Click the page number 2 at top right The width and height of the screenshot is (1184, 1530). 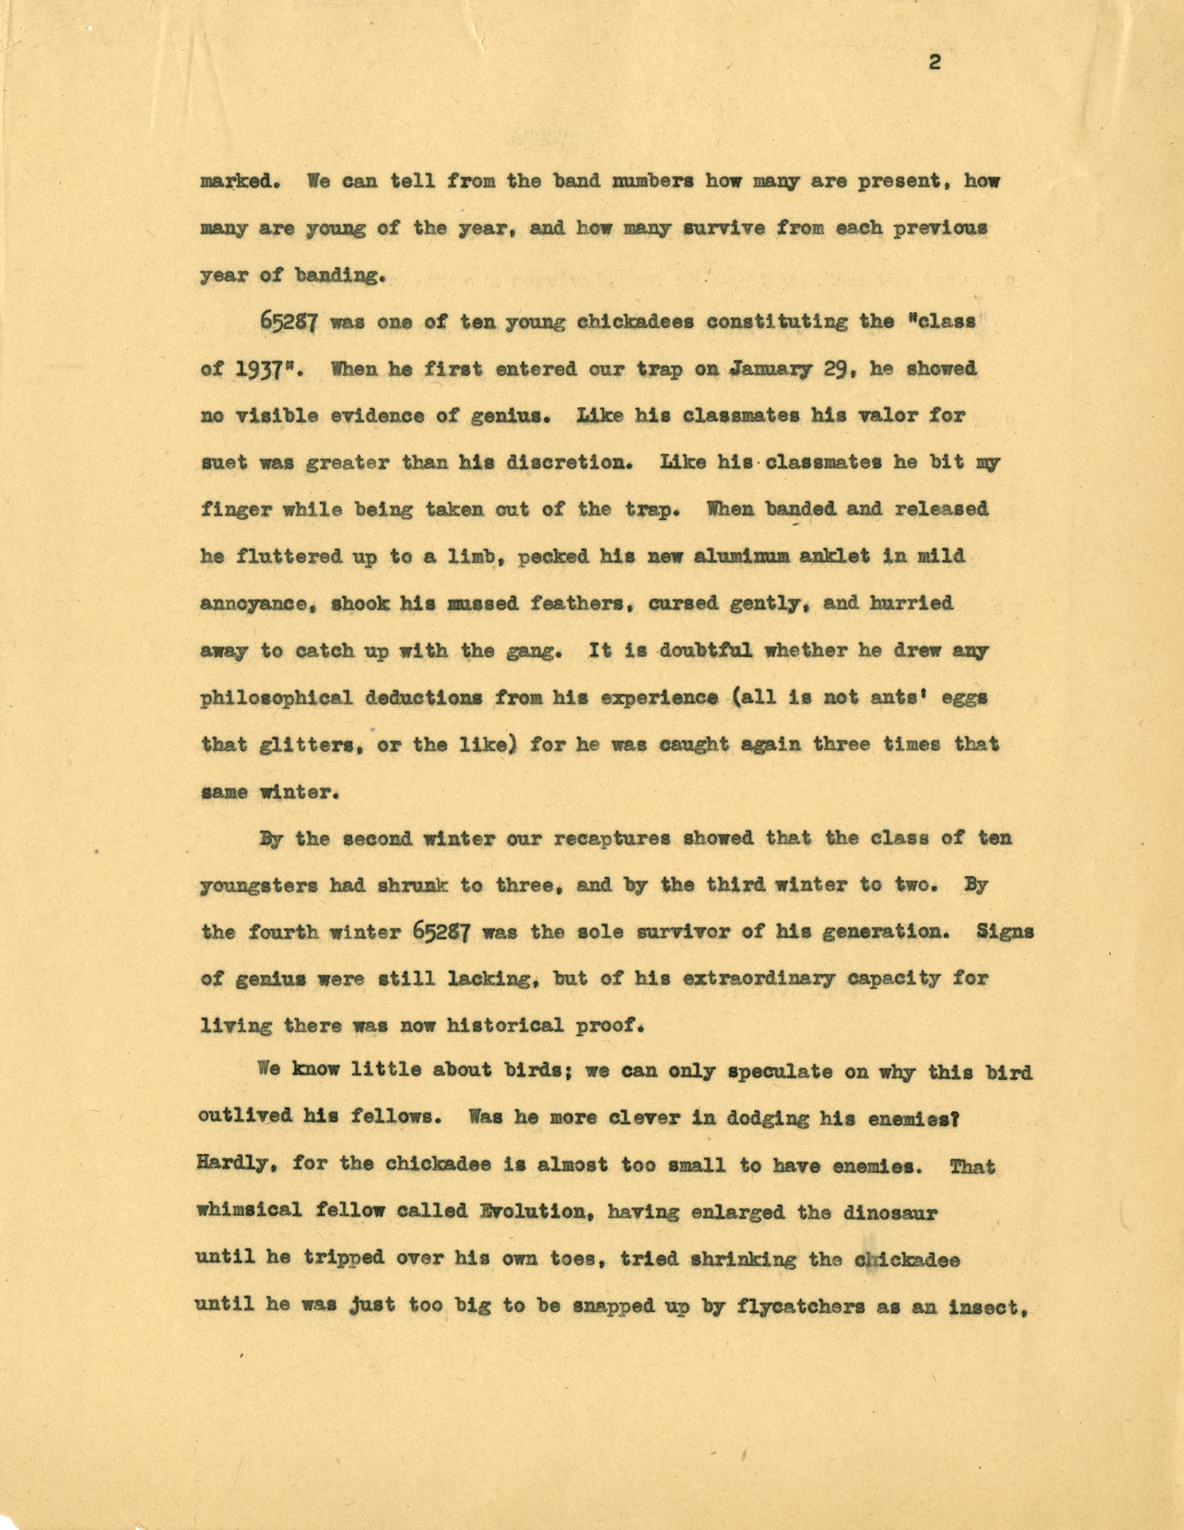coord(934,63)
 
